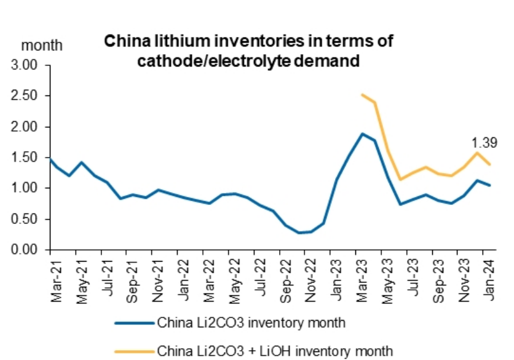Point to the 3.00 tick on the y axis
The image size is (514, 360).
25,65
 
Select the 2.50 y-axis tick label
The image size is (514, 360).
25,96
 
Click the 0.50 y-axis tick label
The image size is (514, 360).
25,219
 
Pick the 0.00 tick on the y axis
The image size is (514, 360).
25,250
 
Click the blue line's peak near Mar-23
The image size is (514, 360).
363,134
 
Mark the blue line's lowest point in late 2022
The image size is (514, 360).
299,233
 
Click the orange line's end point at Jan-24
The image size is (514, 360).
489,164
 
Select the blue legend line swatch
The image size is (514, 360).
133,322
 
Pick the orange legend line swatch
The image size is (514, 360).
133,351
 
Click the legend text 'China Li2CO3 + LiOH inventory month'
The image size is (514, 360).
275,351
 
